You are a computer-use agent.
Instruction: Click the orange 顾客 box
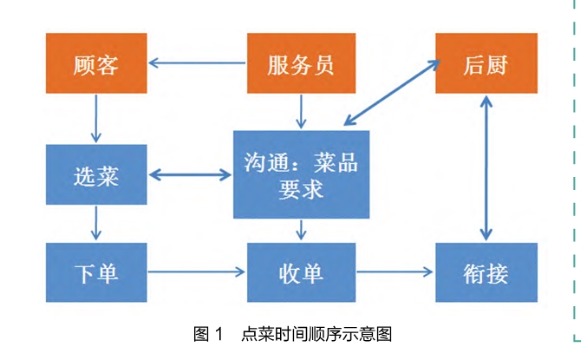96,63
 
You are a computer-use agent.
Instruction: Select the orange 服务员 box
301,63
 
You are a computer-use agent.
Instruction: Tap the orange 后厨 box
486,63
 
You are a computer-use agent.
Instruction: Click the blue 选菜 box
96,175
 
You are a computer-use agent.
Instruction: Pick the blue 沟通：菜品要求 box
301,174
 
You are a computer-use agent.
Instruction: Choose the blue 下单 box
96,272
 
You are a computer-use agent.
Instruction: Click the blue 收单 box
301,272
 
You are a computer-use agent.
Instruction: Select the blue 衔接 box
486,272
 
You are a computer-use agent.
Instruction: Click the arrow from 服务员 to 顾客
198,63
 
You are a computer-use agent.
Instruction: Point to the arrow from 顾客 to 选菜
96,118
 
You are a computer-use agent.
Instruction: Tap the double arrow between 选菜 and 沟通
191,175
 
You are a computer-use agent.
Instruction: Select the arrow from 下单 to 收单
197,272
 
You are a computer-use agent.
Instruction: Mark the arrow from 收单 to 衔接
395,272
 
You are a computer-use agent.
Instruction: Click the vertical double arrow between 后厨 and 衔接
486,167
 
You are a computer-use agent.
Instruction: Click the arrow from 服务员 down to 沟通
301,111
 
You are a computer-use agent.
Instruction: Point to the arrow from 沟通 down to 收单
301,230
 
